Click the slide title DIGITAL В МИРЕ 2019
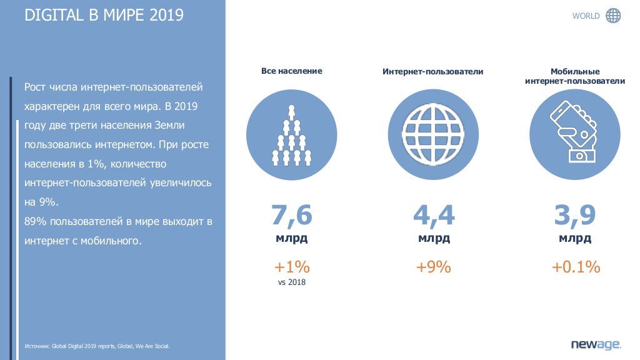pos(104,15)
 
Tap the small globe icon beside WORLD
pos(613,16)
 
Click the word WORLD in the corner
pos(586,16)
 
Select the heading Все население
pos(291,71)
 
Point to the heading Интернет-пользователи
pos(432,71)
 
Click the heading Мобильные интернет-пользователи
pos(575,76)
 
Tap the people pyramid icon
pos(291,135)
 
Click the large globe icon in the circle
pos(433,135)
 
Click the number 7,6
pos(291,215)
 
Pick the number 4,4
pos(434,215)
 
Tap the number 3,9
pos(575,215)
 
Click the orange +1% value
pos(292,267)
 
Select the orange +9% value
pos(434,267)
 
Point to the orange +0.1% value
pos(576,267)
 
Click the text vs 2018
pos(291,282)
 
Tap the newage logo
pos(596,344)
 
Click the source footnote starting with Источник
pos(97,346)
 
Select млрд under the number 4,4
pos(434,238)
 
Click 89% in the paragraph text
pos(36,222)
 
